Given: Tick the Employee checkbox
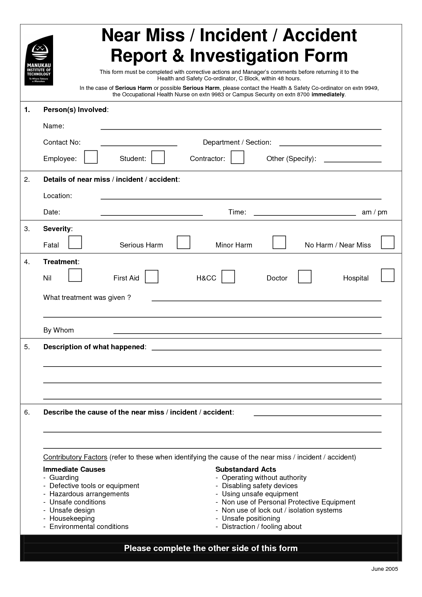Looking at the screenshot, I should [91, 157].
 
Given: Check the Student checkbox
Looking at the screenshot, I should [158, 157].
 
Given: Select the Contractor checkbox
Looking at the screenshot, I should [237, 157].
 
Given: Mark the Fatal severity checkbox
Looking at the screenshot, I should [75, 242].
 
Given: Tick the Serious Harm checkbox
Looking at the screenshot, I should [183, 242].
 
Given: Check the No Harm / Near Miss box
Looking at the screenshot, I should [388, 242].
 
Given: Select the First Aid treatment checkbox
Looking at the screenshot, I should [151, 276].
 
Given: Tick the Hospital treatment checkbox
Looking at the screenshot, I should [388, 275].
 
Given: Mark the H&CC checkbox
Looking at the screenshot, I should [228, 276].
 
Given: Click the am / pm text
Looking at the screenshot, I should [374, 212].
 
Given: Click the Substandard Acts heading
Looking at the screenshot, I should [245, 469].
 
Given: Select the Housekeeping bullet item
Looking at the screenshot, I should [72, 518].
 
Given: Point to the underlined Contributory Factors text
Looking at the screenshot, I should [75, 457].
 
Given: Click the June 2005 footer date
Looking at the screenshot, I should [385, 569].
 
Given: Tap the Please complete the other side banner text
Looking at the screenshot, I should [211, 548].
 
